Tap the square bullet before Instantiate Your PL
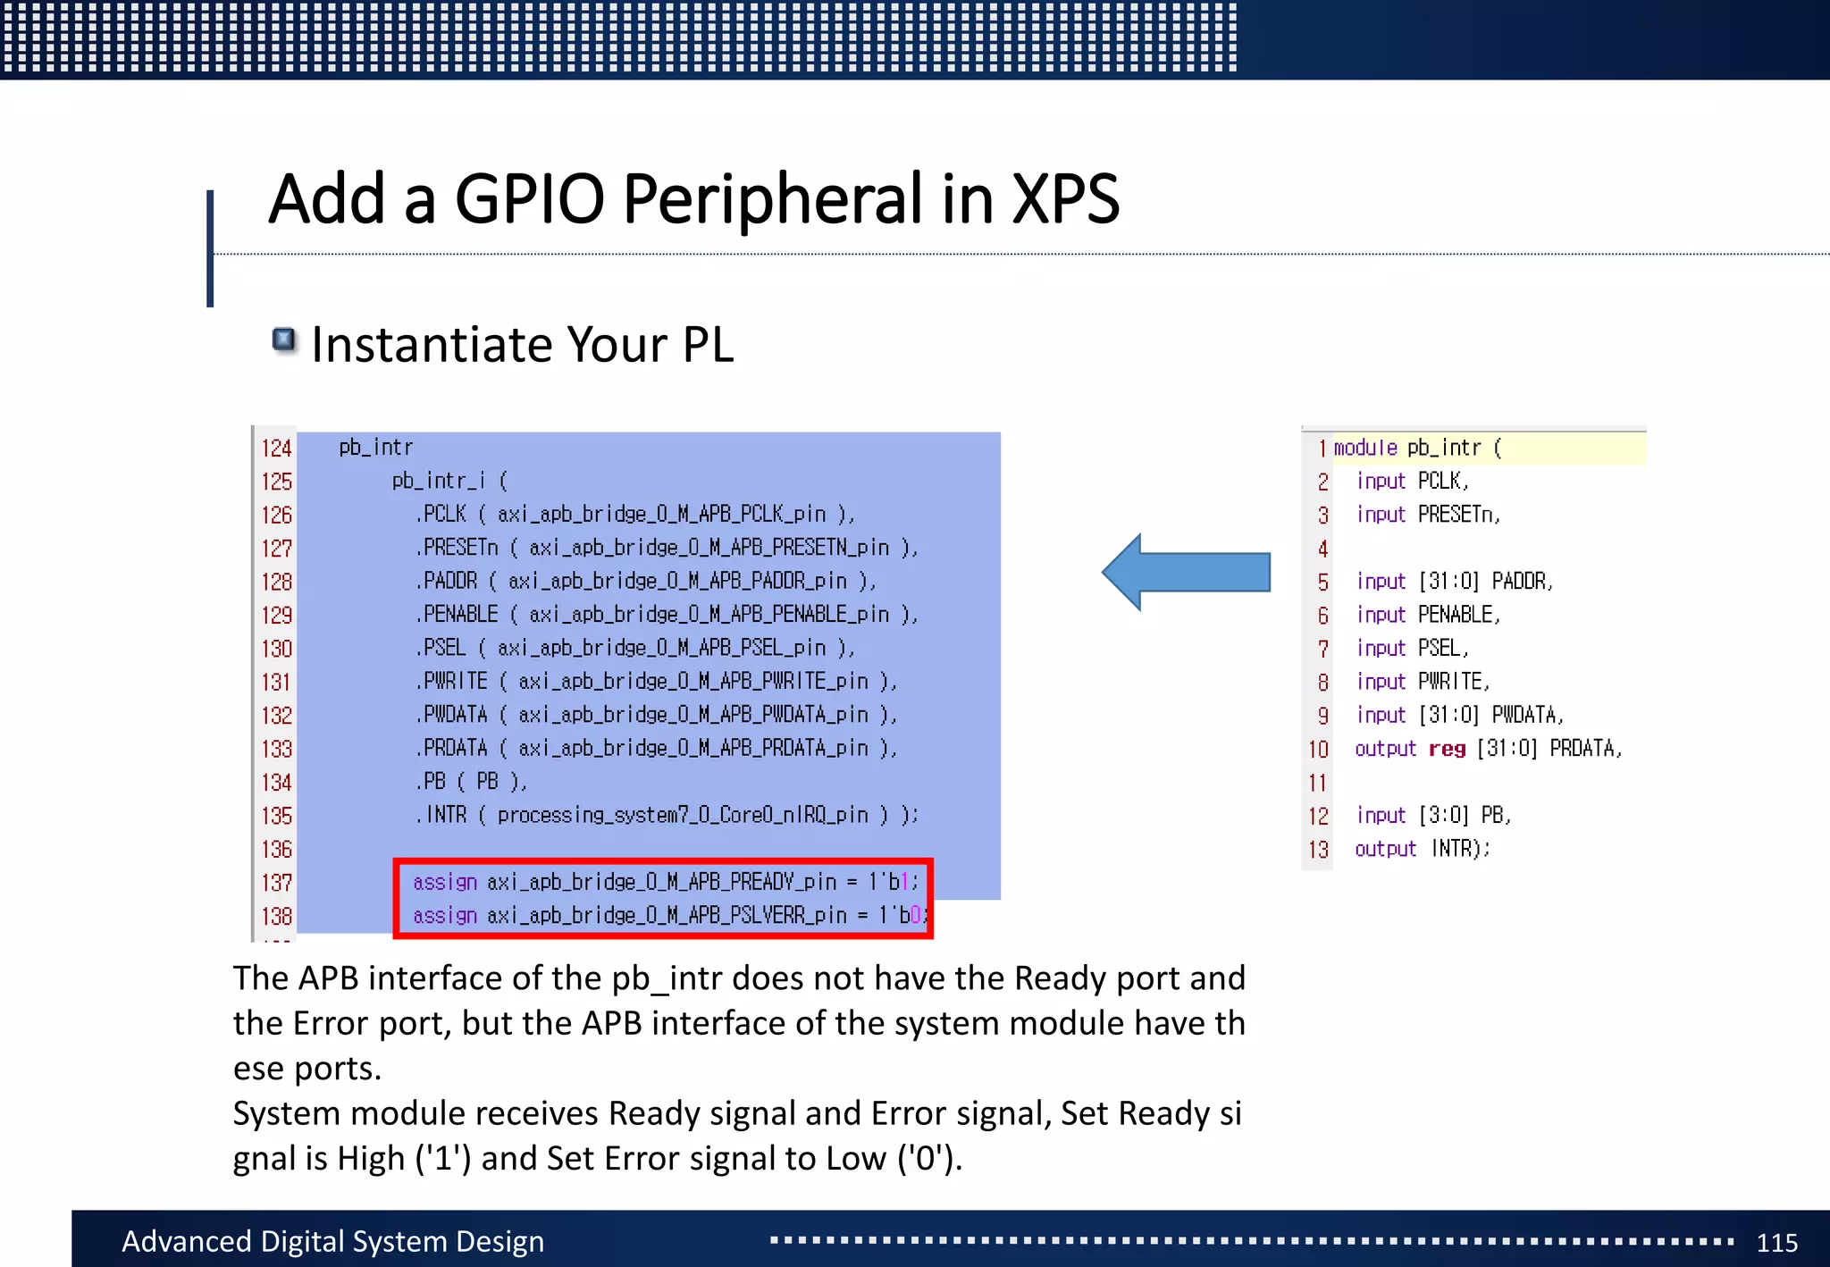[x=284, y=340]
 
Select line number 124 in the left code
[x=276, y=448]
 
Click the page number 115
[x=1776, y=1242]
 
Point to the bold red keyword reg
[x=1447, y=749]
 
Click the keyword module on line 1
[x=1364, y=448]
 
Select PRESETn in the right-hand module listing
[x=1457, y=515]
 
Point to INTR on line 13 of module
[x=1457, y=849]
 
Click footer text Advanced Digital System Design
[x=332, y=1241]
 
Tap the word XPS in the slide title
[x=1064, y=198]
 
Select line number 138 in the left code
[x=276, y=916]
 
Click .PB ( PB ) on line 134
[x=471, y=782]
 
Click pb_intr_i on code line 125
[x=438, y=481]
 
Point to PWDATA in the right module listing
[x=1526, y=715]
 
